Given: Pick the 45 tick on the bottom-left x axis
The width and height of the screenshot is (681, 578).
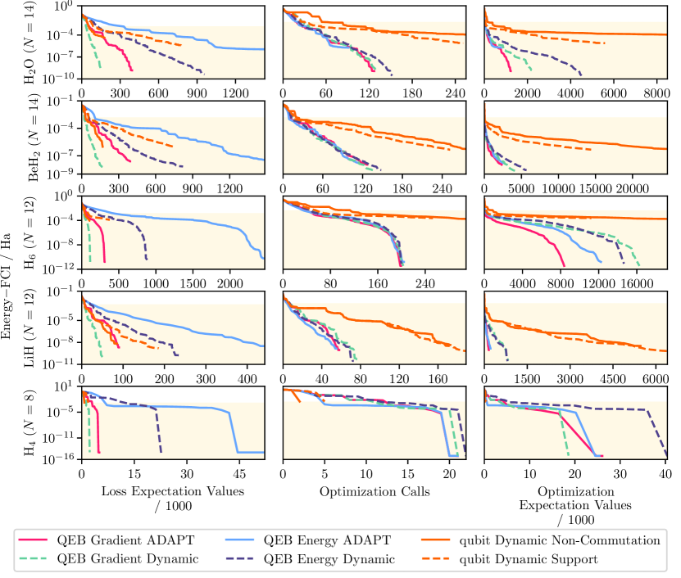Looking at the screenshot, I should pyautogui.click(x=239, y=473).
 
